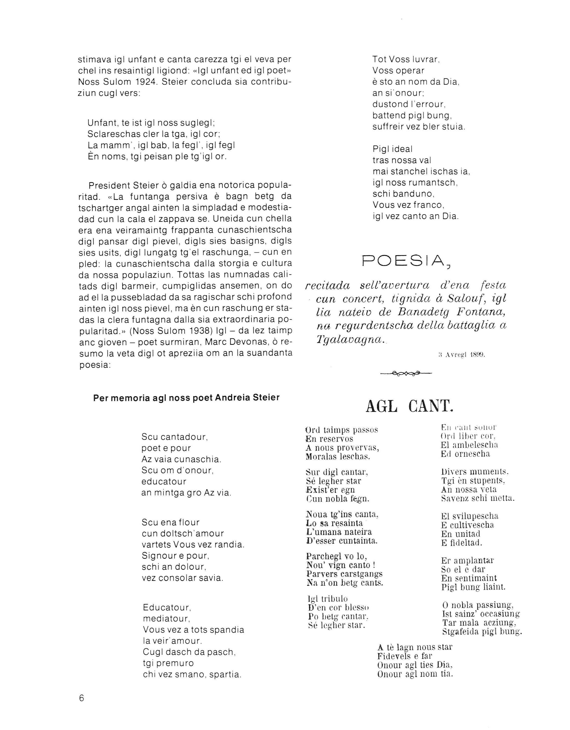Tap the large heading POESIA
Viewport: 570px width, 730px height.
point(406,261)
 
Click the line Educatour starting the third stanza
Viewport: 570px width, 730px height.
point(167,607)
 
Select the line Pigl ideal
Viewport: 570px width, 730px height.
point(393,149)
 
